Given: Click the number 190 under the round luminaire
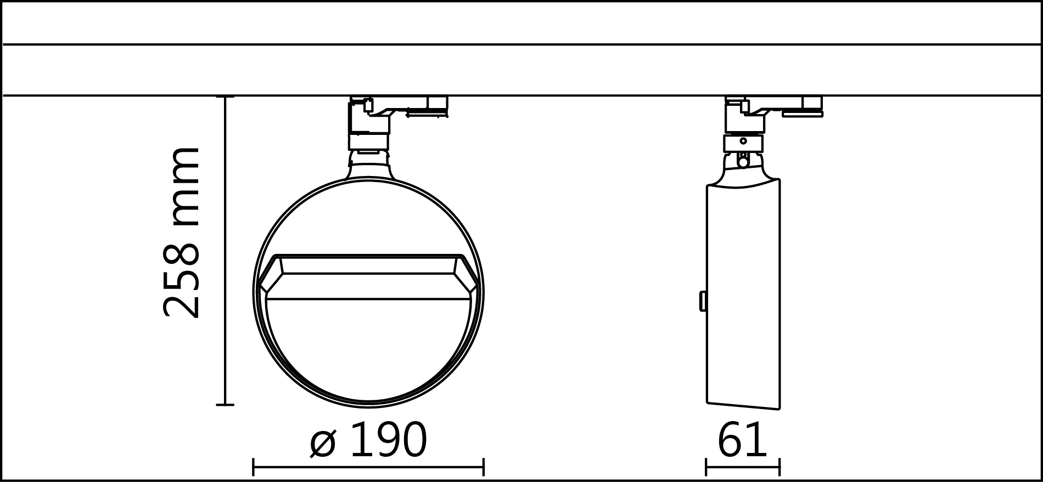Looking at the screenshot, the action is click(388, 440).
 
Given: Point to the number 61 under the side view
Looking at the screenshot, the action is click(742, 440).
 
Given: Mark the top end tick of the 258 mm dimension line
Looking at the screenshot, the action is click(225, 97).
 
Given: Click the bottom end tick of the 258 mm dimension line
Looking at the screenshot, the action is click(225, 405).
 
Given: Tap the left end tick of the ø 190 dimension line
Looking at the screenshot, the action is click(253, 467).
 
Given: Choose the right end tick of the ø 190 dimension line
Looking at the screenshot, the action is click(483, 467).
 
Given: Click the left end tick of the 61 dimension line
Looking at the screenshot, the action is click(706, 467).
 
